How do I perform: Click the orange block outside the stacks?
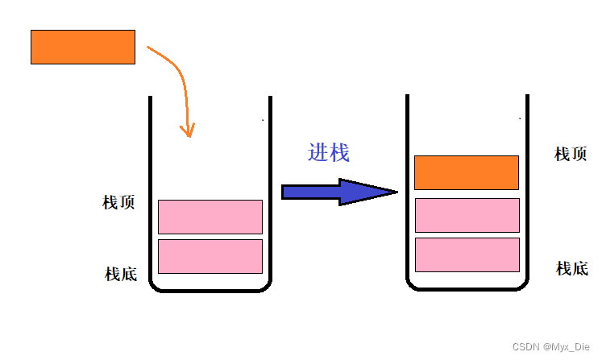(x=83, y=47)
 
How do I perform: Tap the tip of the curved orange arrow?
(x=190, y=134)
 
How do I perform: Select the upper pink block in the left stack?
(x=210, y=217)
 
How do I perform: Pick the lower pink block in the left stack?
(x=210, y=256)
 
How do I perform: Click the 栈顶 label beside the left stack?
(x=118, y=202)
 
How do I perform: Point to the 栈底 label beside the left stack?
(x=121, y=274)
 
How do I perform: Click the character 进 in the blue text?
(x=318, y=152)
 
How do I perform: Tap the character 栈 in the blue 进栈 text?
(x=340, y=152)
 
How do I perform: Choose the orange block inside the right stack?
(x=466, y=172)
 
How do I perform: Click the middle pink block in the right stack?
(x=467, y=215)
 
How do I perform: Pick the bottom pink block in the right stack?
(x=467, y=254)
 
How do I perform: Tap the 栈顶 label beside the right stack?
(x=571, y=154)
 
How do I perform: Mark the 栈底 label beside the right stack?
(x=572, y=268)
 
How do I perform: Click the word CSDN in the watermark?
(x=525, y=346)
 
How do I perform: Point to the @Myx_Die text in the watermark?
(x=567, y=346)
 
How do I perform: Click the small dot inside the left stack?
(x=263, y=120)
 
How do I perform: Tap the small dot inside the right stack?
(x=520, y=118)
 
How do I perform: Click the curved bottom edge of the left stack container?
(x=210, y=291)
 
